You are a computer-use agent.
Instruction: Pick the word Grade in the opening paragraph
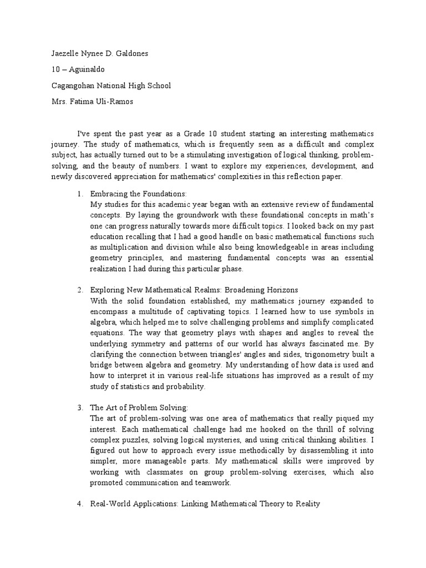(x=196, y=135)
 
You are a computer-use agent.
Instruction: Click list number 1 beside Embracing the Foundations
(x=80, y=194)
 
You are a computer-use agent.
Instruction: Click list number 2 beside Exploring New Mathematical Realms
(x=80, y=290)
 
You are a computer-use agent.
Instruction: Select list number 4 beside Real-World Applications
(x=80, y=504)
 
